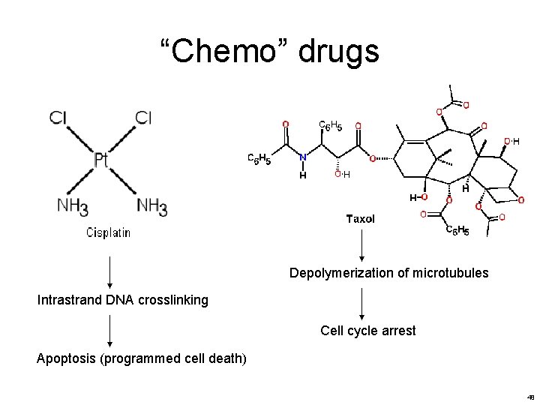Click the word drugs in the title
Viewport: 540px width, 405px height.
point(339,52)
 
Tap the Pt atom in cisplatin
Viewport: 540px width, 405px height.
point(102,160)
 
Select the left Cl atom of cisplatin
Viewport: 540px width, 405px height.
point(59,118)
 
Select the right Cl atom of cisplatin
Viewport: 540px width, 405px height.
point(144,118)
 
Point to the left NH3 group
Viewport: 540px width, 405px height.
point(73,205)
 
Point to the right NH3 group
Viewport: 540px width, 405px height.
point(152,205)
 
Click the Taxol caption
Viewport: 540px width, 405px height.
point(360,219)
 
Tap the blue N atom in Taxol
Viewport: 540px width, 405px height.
point(302,158)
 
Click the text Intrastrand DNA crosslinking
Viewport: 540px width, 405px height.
point(122,301)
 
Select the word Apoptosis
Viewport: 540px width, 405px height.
point(67,358)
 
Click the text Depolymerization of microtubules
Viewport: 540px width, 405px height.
point(388,273)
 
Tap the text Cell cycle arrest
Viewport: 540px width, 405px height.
point(367,331)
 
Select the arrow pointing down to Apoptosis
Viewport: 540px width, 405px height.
point(110,330)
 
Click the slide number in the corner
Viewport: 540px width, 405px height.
point(530,397)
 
